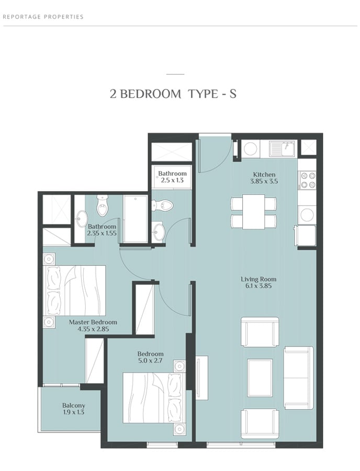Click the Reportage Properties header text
43,17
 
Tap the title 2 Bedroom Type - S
173,94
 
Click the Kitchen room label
264,174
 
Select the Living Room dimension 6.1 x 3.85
258,286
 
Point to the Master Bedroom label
93,322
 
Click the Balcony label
74,406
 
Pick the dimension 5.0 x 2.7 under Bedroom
150,361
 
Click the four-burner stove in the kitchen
308,180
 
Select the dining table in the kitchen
254,212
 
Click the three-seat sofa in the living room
299,378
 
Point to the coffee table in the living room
260,377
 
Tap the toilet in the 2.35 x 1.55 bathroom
102,206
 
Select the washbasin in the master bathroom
81,219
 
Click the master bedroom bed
74,290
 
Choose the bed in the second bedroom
154,398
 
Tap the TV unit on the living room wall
202,378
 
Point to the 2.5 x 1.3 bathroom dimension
172,181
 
